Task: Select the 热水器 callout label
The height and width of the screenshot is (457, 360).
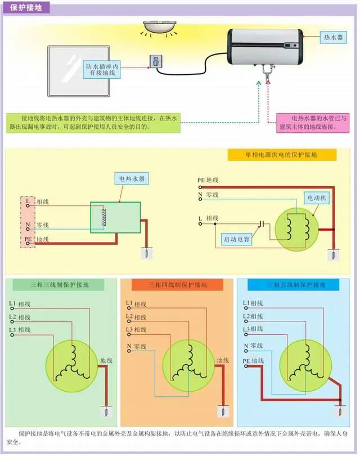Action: click(333, 37)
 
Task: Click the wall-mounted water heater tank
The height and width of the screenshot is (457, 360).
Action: click(264, 47)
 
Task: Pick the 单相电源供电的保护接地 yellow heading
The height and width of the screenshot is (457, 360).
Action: click(282, 155)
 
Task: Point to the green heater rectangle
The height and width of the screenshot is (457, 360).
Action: click(116, 217)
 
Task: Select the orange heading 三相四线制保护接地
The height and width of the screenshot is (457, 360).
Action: click(177, 285)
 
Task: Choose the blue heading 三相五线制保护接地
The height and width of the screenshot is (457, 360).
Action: click(296, 285)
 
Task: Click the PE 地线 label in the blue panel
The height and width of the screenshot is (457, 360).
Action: click(253, 361)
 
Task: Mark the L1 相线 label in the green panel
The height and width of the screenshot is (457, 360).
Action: click(20, 304)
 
